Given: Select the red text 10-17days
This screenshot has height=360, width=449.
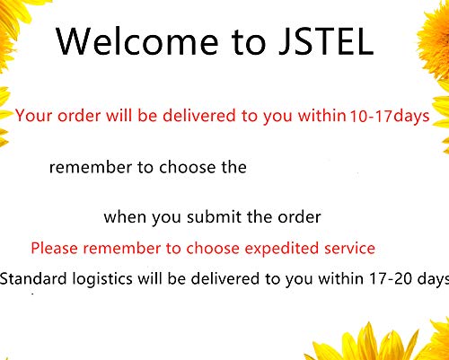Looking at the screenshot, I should [389, 115].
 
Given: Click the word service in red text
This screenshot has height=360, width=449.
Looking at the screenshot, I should [349, 248].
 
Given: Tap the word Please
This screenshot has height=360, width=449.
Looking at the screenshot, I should [55, 248].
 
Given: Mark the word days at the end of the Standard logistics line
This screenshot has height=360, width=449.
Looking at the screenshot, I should [429, 279].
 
